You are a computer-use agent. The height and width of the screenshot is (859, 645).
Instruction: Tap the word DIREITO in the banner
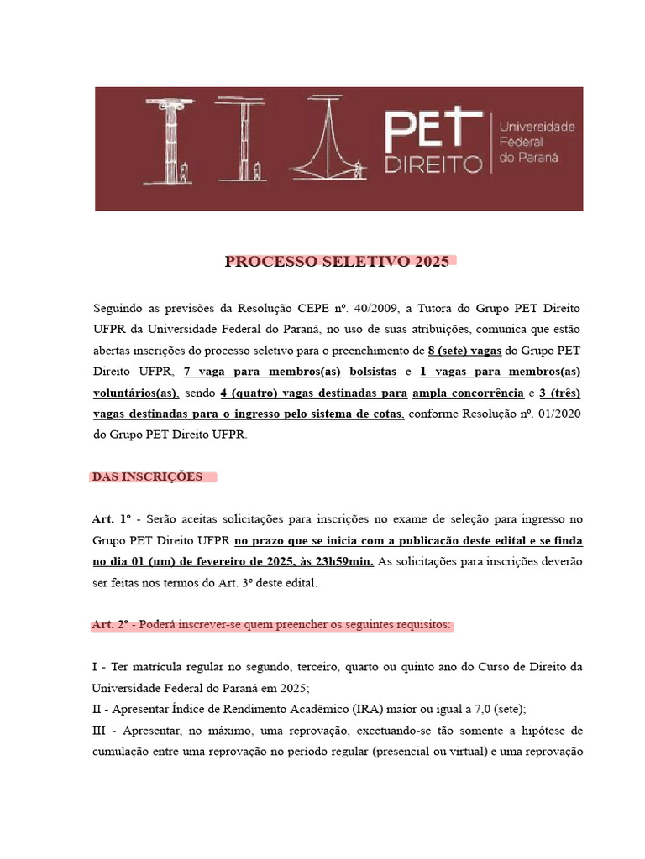pyautogui.click(x=433, y=163)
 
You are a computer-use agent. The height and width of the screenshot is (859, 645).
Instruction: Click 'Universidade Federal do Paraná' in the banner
pyautogui.click(x=537, y=142)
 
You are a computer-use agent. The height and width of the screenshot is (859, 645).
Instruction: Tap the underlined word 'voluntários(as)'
pyautogui.click(x=135, y=393)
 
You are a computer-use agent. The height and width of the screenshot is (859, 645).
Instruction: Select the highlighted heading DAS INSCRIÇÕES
pyautogui.click(x=147, y=476)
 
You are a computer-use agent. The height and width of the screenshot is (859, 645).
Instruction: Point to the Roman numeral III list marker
pyautogui.click(x=98, y=731)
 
